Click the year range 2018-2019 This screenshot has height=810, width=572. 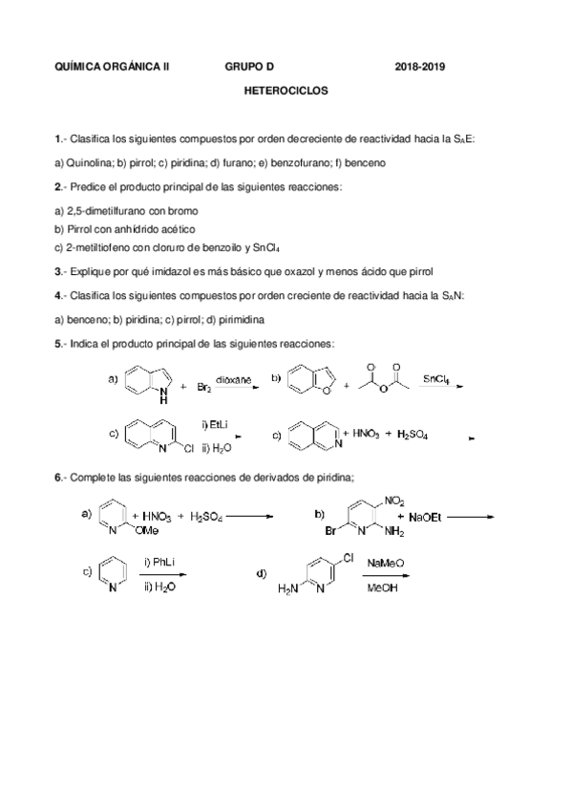coord(420,68)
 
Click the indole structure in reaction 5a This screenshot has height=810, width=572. coord(144,382)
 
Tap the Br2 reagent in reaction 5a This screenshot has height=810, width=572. coord(204,387)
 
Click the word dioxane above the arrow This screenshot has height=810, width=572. coord(234,378)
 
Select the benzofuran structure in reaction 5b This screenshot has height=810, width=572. coord(310,382)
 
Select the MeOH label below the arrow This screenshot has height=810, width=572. coord(380,587)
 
